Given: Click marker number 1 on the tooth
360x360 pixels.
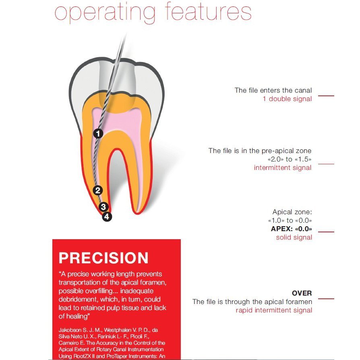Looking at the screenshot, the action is click(x=98, y=133).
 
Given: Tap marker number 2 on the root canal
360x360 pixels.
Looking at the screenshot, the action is click(x=98, y=190).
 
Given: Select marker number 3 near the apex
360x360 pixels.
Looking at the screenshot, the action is click(x=103, y=207).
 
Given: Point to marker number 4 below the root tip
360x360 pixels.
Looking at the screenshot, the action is click(x=107, y=217).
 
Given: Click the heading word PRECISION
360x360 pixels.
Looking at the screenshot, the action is click(x=103, y=258).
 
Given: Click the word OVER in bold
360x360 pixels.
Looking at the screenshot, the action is click(x=302, y=293).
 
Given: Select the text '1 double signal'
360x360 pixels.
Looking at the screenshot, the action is click(x=287, y=99).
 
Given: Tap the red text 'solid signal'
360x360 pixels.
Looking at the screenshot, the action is click(x=294, y=238).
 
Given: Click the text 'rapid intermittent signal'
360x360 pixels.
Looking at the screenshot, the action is click(x=274, y=310).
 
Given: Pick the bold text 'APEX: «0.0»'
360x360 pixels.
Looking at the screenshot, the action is click(x=292, y=229).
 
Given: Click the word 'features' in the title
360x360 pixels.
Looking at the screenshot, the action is click(x=208, y=12).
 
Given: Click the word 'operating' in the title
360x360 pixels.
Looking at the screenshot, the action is click(x=105, y=14).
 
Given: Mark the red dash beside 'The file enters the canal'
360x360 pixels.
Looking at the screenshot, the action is click(x=326, y=96).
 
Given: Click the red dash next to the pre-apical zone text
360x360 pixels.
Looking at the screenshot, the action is click(x=326, y=164).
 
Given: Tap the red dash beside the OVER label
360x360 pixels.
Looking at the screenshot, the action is click(x=326, y=299).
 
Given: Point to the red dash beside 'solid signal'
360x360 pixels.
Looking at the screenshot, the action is click(x=326, y=232).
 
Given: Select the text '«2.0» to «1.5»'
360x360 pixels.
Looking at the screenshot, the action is click(x=290, y=159).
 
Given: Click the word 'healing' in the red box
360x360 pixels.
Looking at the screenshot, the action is click(x=77, y=317).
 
